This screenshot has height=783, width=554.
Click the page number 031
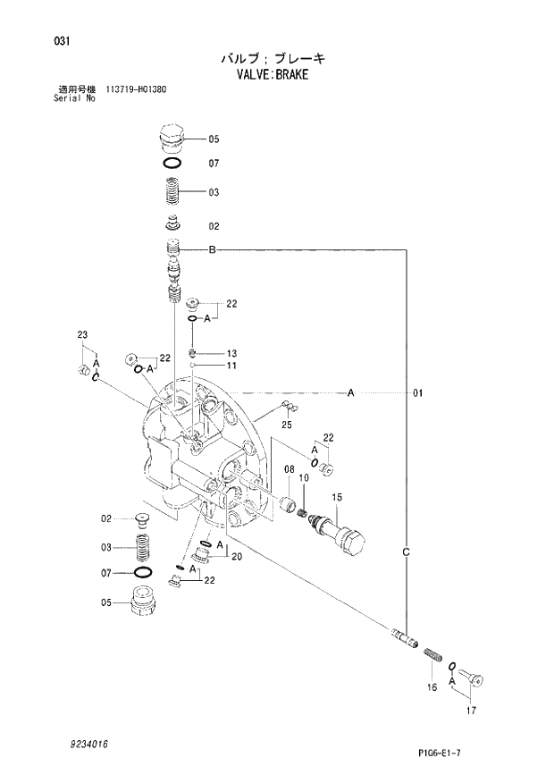62,42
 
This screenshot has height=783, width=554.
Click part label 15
338,496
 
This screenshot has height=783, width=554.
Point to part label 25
287,424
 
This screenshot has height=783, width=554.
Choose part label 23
82,335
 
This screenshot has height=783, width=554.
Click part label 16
431,686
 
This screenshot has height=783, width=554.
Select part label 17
472,711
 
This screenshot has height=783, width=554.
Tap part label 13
231,352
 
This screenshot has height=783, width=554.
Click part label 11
231,366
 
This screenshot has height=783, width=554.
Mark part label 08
290,469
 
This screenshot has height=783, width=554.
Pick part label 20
237,557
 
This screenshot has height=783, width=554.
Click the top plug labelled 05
172,139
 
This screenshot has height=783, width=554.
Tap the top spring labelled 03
172,191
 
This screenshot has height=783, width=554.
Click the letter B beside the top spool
213,249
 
